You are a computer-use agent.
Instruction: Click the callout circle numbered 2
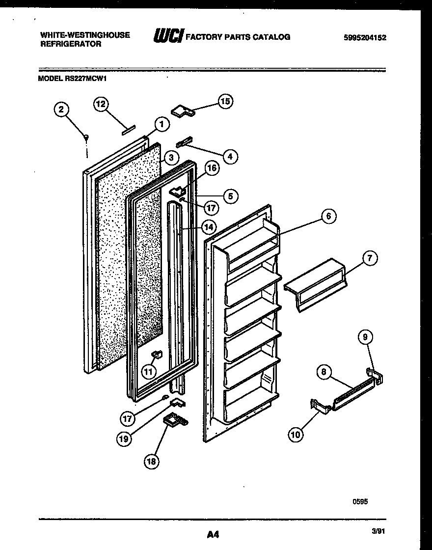pyautogui.click(x=61, y=110)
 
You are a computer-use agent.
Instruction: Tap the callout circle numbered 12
pyautogui.click(x=101, y=104)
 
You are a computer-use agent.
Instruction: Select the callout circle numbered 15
pyautogui.click(x=225, y=102)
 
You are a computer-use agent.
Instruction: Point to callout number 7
pyautogui.click(x=370, y=258)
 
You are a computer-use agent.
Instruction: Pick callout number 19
pyautogui.click(x=124, y=439)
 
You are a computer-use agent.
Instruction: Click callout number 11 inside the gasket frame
pyautogui.click(x=149, y=370)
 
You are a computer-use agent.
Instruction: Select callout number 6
pyautogui.click(x=328, y=216)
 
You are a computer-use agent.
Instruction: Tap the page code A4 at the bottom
pyautogui.click(x=212, y=534)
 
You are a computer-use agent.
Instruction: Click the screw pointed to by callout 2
pyautogui.click(x=86, y=138)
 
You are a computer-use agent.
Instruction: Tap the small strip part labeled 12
pyautogui.click(x=128, y=129)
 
